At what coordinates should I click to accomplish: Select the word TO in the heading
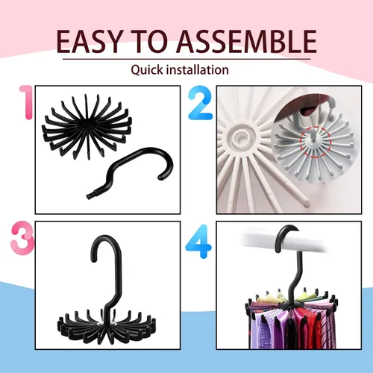click(151, 41)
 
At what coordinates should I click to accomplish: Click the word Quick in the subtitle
click(147, 70)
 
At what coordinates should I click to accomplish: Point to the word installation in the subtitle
click(198, 69)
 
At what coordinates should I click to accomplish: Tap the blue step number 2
click(200, 103)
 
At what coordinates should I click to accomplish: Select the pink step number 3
click(22, 236)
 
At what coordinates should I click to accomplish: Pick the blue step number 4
click(198, 241)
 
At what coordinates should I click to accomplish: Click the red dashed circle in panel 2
click(316, 142)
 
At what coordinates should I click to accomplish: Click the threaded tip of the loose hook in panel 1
click(90, 195)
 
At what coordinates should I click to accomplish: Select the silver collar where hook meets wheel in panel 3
click(106, 325)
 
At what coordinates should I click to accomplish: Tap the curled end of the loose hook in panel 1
click(161, 177)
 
